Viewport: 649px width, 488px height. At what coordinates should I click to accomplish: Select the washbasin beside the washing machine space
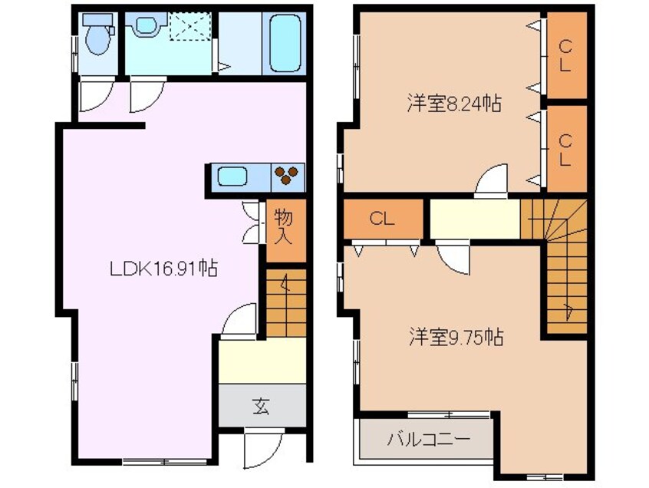click(146, 28)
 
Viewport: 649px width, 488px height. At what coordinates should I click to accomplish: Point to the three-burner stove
click(288, 176)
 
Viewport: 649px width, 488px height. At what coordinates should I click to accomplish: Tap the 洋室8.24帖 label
click(453, 104)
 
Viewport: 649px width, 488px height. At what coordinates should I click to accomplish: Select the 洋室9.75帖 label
click(455, 338)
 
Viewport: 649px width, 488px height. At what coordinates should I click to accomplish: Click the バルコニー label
click(428, 441)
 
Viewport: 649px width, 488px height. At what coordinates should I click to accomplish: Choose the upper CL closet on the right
click(565, 55)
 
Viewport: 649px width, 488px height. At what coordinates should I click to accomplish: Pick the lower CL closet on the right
click(565, 150)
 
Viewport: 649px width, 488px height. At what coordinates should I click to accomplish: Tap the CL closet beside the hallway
click(382, 219)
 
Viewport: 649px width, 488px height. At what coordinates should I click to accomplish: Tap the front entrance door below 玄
click(261, 449)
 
